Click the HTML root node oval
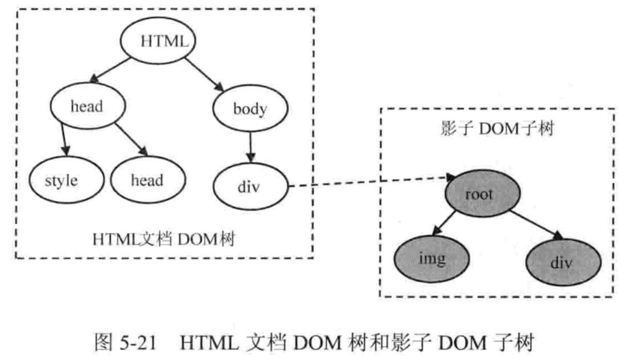pos(158,41)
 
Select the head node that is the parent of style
pos(88,107)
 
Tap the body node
pos(250,109)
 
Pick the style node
pos(61,181)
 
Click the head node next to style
pos(148,181)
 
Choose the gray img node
pos(432,258)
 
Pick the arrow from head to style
pos(64,138)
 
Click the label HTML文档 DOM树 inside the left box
pos(164,240)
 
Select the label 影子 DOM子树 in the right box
pos(494,128)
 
